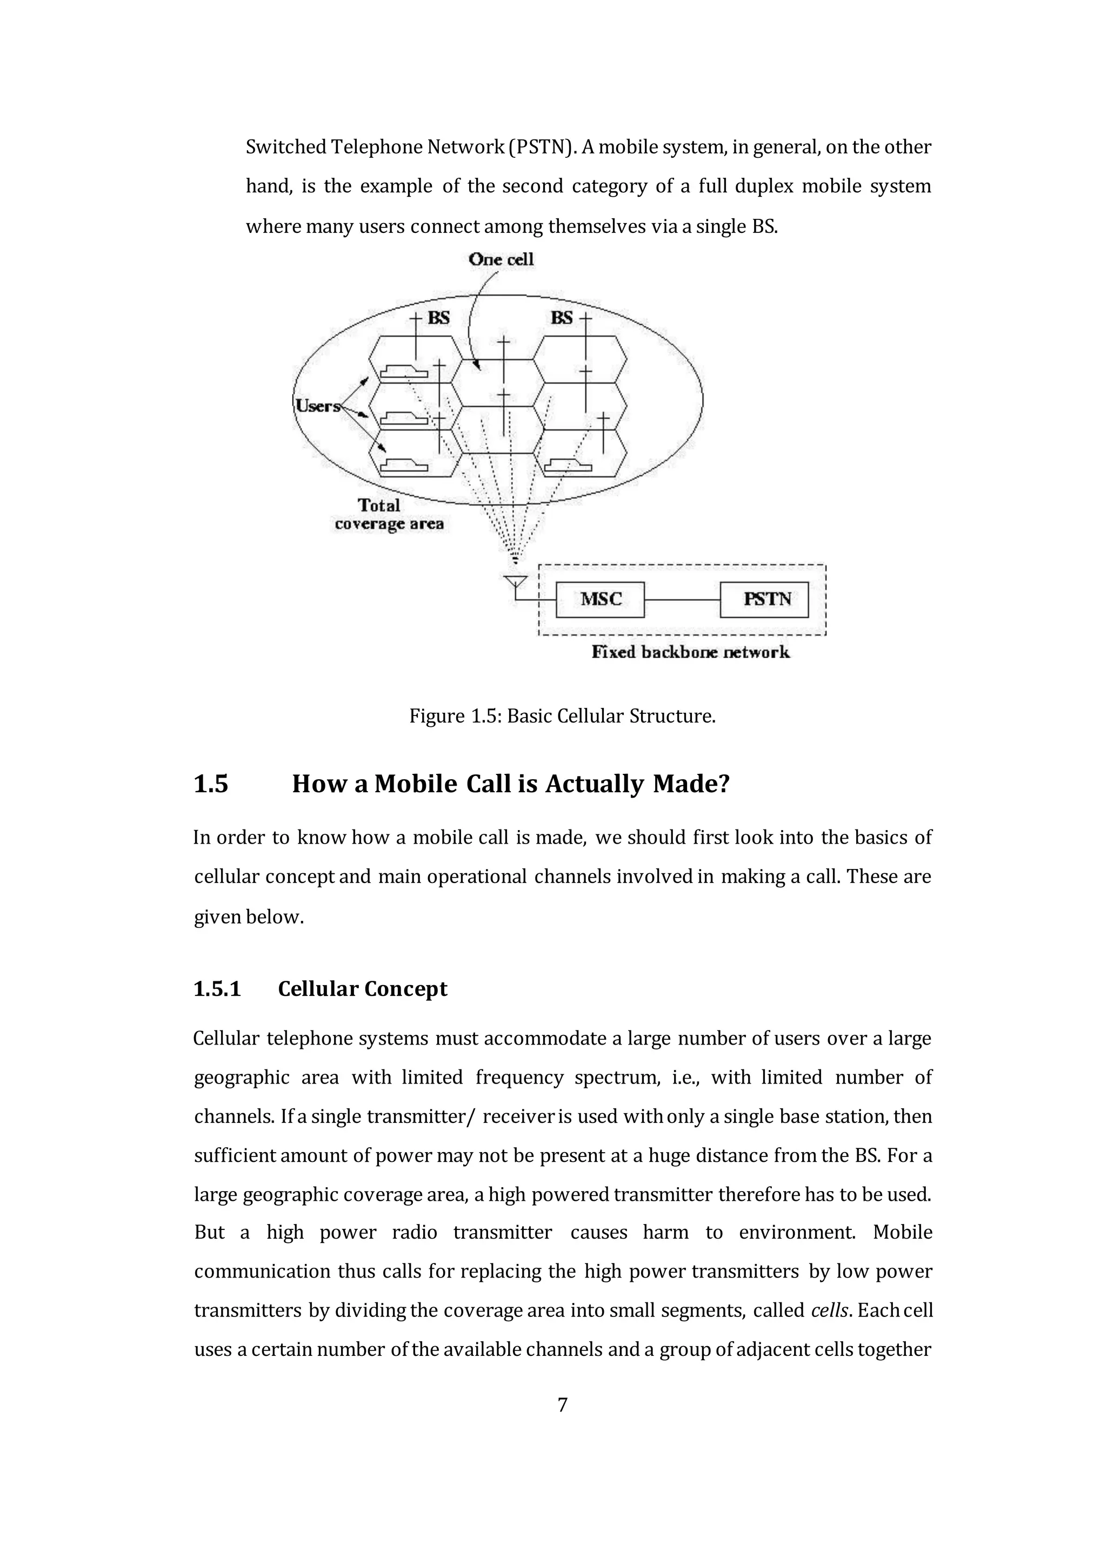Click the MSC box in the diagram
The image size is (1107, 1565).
click(x=600, y=599)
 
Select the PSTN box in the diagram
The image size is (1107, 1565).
click(x=764, y=599)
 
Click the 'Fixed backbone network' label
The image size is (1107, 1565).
click(x=690, y=652)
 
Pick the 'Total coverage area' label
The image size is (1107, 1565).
click(x=389, y=514)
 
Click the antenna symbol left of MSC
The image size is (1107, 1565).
click(x=515, y=583)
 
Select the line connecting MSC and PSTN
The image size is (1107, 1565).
click(x=682, y=599)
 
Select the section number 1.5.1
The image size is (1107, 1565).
click(x=217, y=989)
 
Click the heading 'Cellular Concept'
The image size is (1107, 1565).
click(x=363, y=989)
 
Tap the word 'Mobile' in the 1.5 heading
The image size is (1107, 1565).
click(x=415, y=784)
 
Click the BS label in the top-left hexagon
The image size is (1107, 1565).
click(x=438, y=318)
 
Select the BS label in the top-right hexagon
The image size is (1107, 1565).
click(x=562, y=318)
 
